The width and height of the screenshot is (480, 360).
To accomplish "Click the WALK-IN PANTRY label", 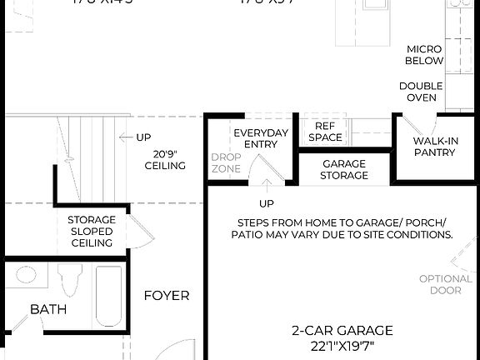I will click(x=436, y=147).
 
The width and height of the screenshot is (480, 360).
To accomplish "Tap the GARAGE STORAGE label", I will click(x=344, y=169).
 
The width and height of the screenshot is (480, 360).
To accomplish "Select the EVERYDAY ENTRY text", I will click(x=261, y=138).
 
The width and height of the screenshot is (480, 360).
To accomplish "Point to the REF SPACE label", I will click(x=324, y=131).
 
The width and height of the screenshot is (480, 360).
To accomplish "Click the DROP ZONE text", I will click(x=226, y=162).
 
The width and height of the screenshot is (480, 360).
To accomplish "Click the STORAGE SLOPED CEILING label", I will click(x=91, y=231).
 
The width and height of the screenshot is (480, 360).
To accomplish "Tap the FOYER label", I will click(x=166, y=295).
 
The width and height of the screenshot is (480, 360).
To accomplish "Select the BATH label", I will click(x=48, y=309).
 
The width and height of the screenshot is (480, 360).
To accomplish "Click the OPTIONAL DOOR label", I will click(x=445, y=284).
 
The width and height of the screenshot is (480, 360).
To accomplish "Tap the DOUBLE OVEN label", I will click(x=421, y=92).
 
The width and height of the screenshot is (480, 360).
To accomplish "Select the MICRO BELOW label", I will click(x=424, y=55).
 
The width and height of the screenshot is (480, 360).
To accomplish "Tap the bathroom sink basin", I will click(x=25, y=276).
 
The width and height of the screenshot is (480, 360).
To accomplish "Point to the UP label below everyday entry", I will click(x=266, y=203).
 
